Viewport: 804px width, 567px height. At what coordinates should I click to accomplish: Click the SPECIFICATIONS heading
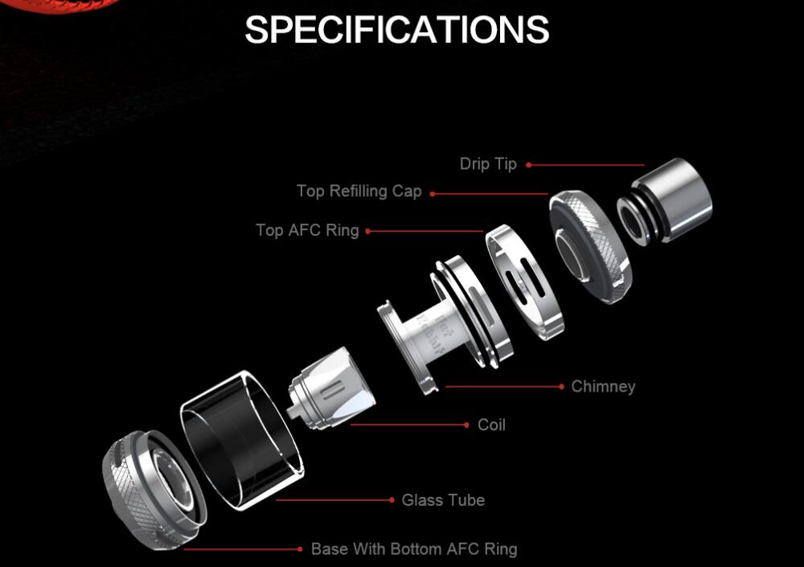[x=397, y=30]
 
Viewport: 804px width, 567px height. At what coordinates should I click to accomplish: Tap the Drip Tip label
[x=488, y=164]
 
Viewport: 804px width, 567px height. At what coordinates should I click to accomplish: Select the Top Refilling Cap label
[x=359, y=191]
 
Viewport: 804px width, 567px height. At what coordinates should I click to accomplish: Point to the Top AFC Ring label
[x=307, y=231]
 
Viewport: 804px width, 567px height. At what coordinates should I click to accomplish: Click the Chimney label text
[x=603, y=387]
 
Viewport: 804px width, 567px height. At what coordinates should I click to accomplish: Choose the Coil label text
[x=491, y=425]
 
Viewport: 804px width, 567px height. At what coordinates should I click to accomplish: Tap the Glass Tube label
[x=443, y=500]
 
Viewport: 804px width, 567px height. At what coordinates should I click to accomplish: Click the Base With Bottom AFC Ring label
[x=414, y=550]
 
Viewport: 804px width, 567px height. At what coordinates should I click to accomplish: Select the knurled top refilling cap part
[x=589, y=245]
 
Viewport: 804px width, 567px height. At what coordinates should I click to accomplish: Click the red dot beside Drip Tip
[x=528, y=165]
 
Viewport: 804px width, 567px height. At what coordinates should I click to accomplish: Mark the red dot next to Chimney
[x=561, y=387]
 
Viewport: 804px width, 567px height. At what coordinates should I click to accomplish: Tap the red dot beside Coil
[x=467, y=425]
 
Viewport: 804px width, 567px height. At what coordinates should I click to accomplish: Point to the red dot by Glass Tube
[x=392, y=500]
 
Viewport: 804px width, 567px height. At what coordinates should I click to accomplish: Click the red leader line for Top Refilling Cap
[x=490, y=194]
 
